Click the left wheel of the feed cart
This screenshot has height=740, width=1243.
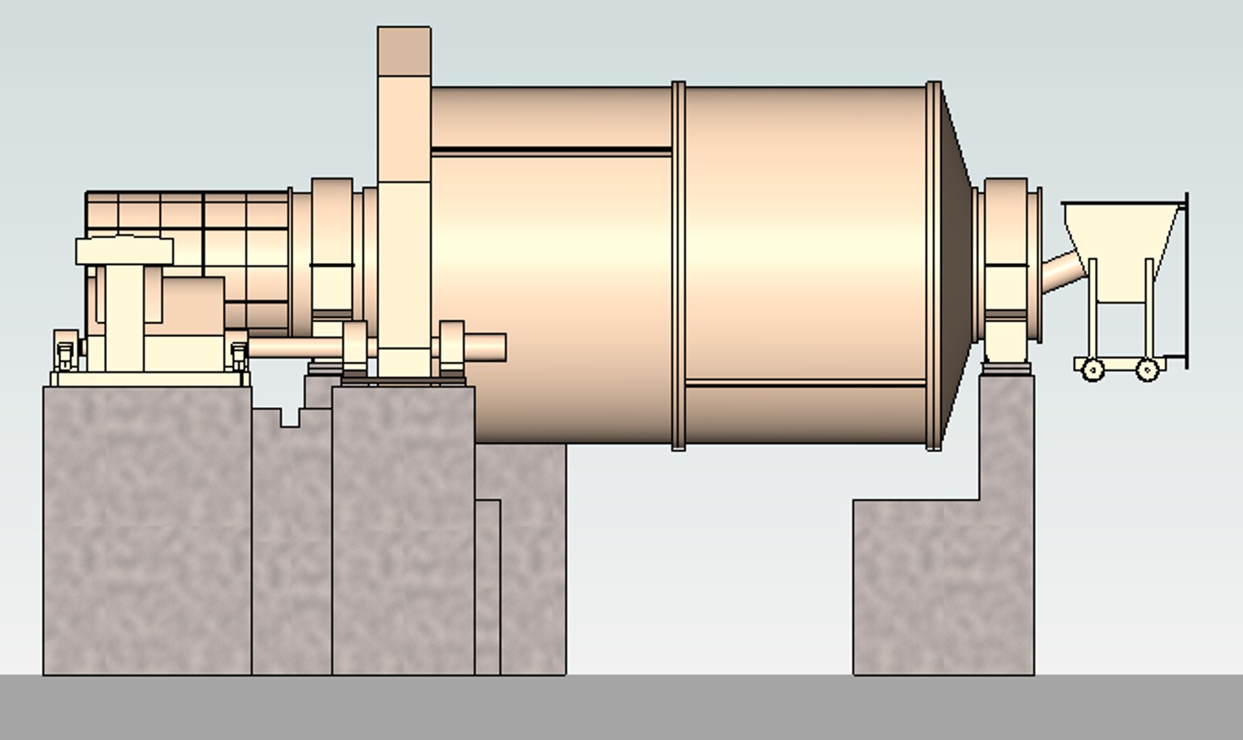(x=1093, y=370)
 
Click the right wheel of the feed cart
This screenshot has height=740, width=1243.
(x=1148, y=370)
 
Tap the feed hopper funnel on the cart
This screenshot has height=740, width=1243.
(x=1124, y=233)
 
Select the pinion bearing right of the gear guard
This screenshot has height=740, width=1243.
(x=451, y=346)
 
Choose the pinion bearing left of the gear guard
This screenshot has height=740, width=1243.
(x=354, y=346)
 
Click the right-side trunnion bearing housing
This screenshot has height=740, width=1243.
(x=1006, y=274)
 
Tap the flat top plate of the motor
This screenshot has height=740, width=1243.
(x=124, y=251)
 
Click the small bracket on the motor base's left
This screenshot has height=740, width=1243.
(x=64, y=351)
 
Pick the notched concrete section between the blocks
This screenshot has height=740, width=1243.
(x=291, y=541)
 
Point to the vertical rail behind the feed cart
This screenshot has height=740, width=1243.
(x=1186, y=281)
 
